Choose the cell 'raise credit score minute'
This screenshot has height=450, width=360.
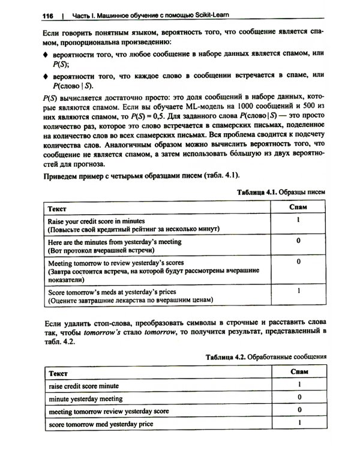83,385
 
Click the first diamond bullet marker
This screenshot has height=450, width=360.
45,56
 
